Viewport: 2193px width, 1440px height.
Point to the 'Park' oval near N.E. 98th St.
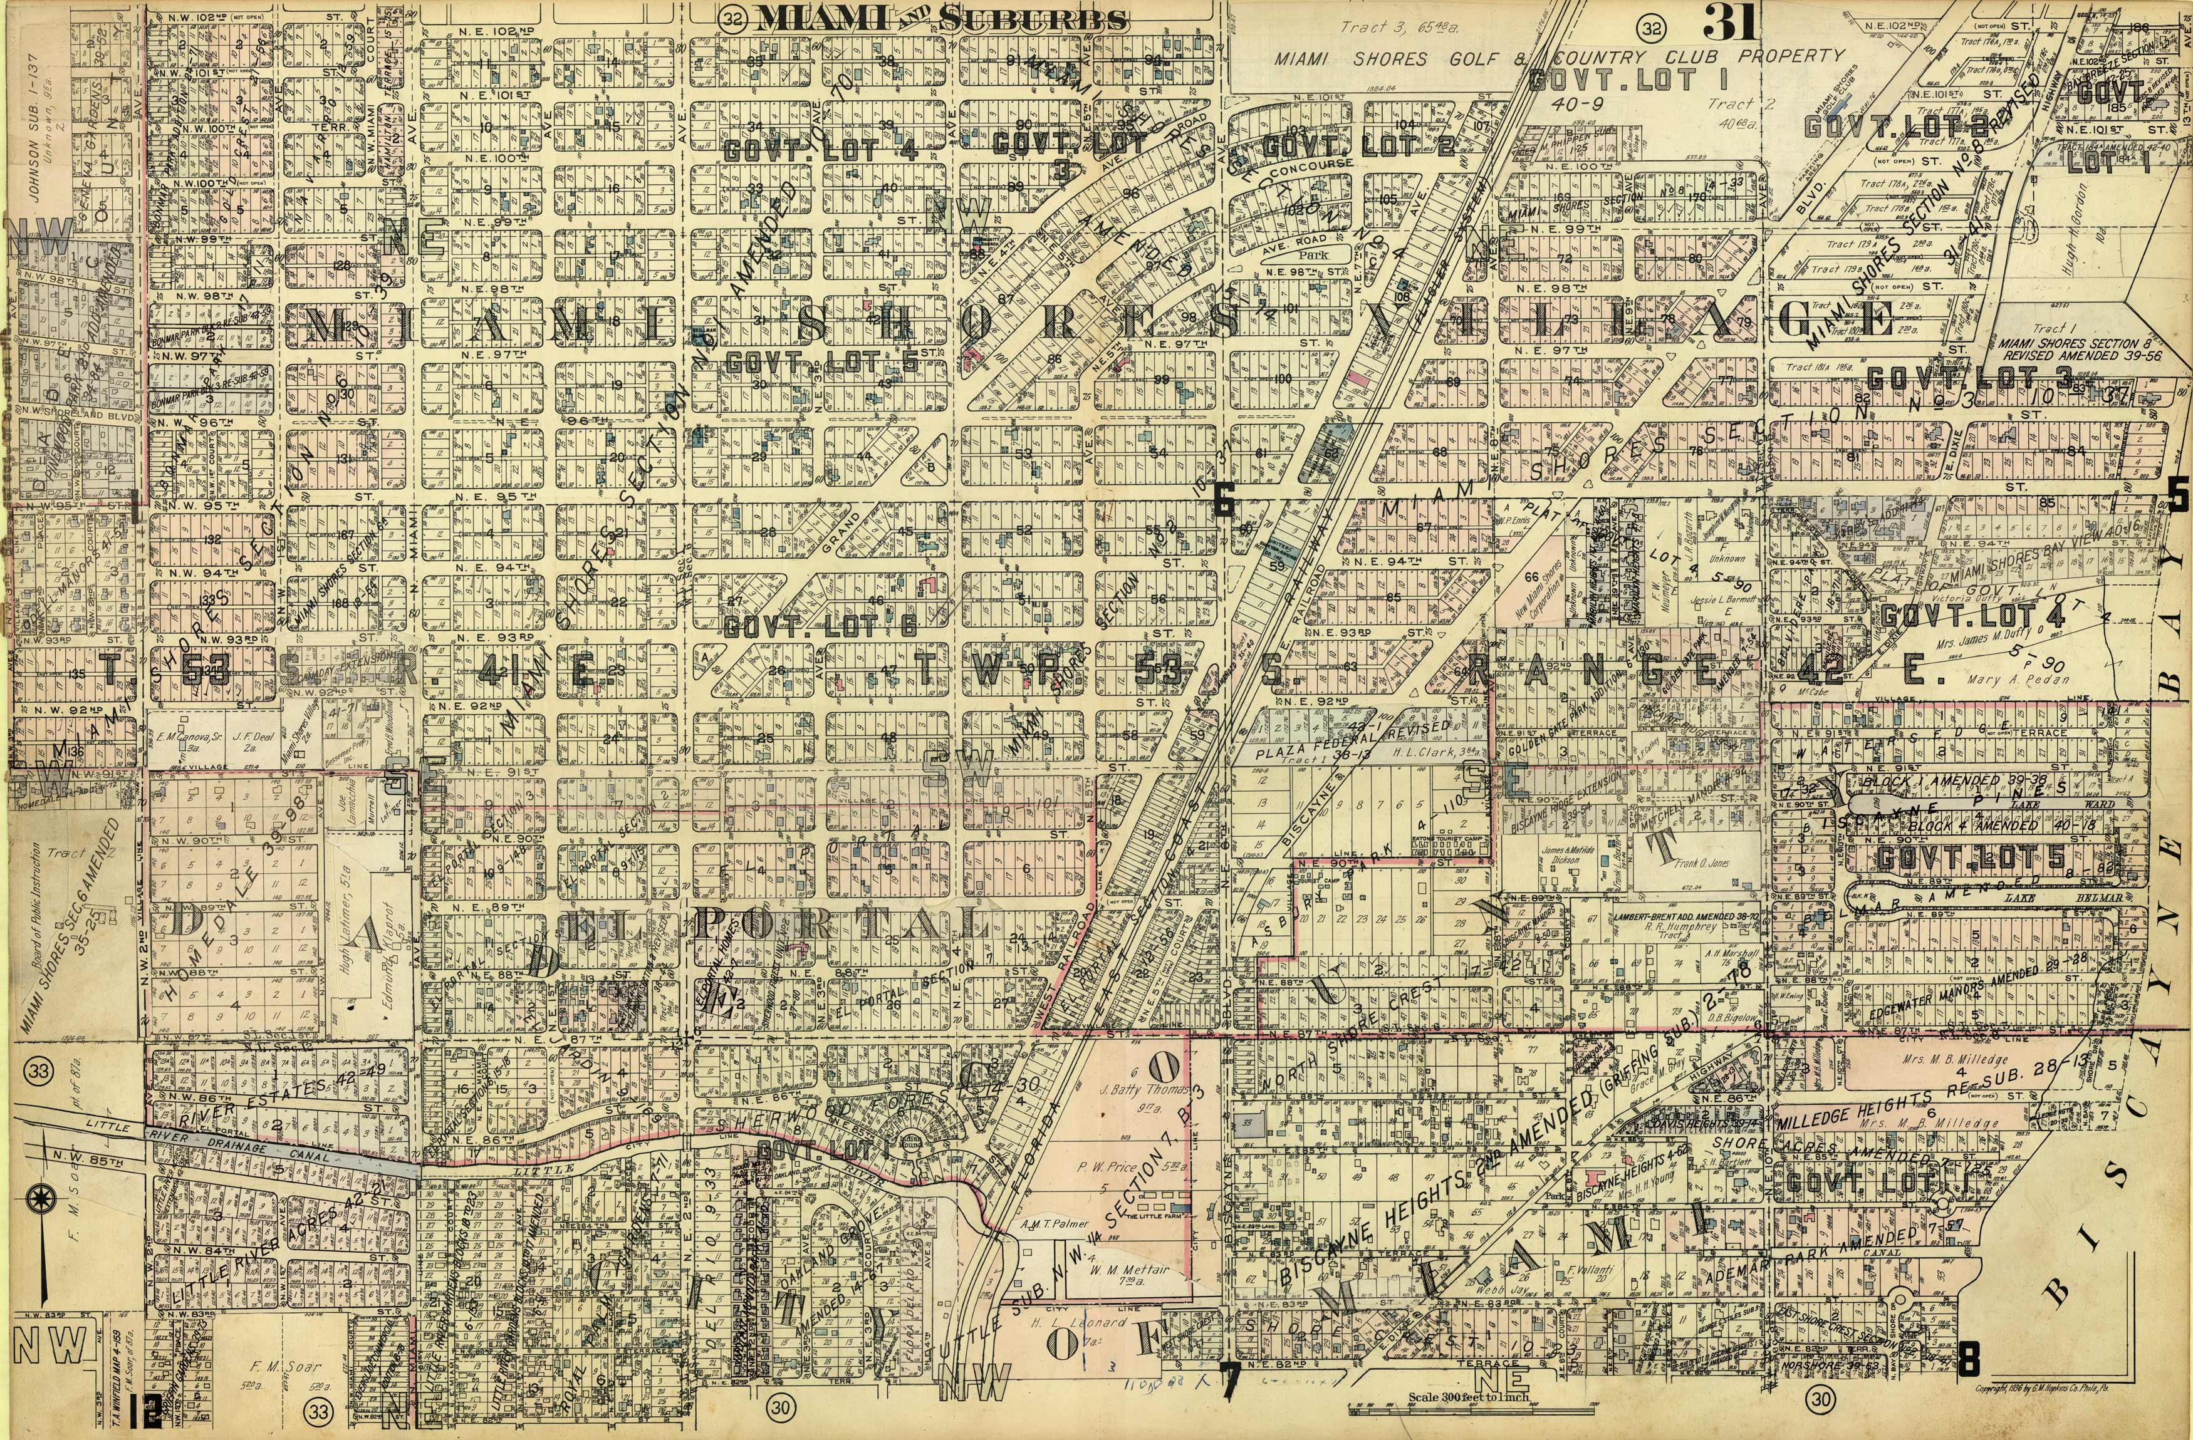(1310, 254)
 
